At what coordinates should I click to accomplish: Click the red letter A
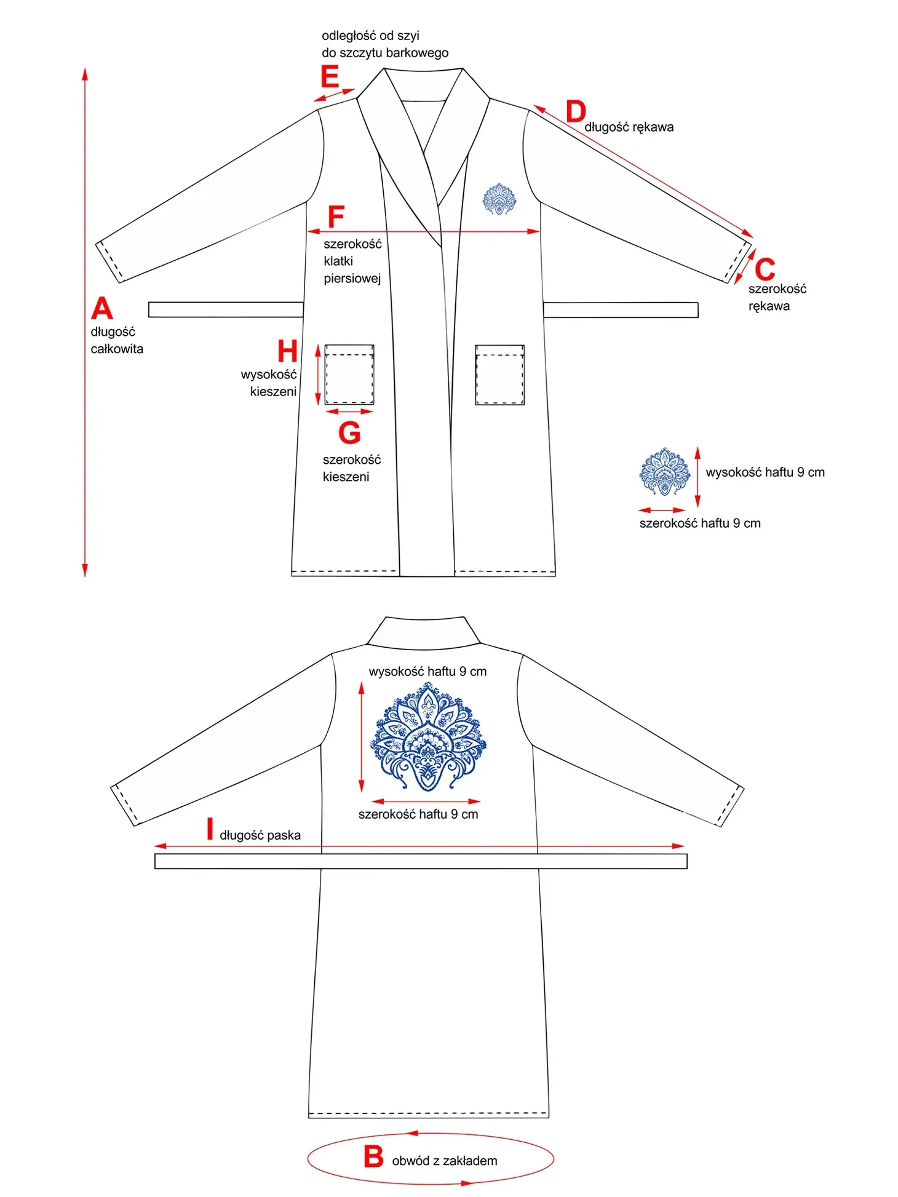coord(102,308)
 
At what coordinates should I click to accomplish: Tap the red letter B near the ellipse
coord(373,1156)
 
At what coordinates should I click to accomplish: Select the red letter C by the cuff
coord(765,269)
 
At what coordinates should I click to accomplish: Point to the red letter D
coord(576,112)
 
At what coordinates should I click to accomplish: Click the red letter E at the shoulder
coord(330,78)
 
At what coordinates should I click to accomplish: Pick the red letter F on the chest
coord(336,217)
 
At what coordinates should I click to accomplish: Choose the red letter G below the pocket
coord(349,432)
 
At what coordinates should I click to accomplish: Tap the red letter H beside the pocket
coord(287,351)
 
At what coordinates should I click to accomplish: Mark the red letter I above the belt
coord(210,829)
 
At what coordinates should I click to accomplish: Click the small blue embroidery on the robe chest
coord(499,199)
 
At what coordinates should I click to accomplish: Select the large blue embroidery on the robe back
coord(427,736)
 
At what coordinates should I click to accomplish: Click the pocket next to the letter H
coord(349,375)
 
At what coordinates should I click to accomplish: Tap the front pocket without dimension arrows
coord(499,375)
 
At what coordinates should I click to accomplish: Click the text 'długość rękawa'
coord(629,127)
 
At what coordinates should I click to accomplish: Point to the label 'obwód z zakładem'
coord(445,1161)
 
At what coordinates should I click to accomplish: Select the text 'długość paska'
coord(260,835)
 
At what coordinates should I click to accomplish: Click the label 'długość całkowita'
coord(117,340)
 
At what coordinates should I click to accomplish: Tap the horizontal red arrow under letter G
coord(349,412)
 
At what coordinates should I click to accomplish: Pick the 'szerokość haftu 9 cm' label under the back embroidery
coord(418,814)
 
